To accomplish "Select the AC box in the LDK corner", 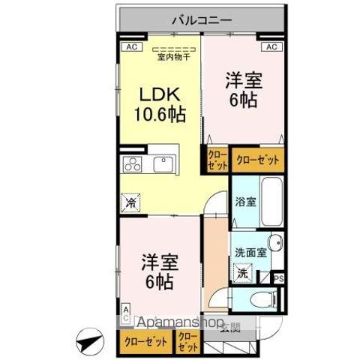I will [130, 46].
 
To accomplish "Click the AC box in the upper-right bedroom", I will [271, 46].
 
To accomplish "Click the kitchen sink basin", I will [164, 163].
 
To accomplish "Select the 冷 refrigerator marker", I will [130, 202].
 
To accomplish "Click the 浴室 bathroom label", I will [245, 201].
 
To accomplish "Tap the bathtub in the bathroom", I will [269, 201].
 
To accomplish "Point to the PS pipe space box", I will [279, 278].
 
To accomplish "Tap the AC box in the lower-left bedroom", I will [125, 313].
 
